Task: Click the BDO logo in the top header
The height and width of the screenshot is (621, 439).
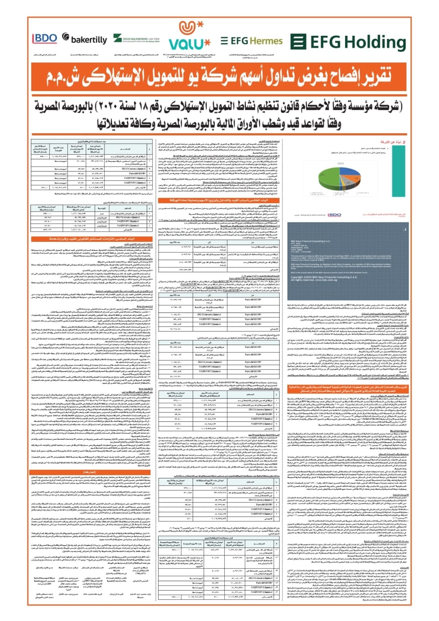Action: point(45,39)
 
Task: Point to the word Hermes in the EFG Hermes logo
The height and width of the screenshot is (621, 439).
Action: point(266,41)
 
